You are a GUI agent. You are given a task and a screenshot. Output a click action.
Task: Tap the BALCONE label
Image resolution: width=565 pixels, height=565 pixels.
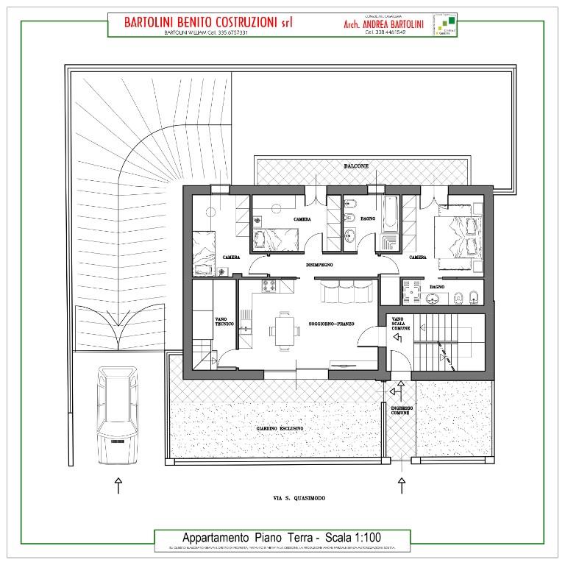pos(356,167)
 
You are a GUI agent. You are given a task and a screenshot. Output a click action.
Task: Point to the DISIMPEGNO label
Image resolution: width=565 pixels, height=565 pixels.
pos(320,264)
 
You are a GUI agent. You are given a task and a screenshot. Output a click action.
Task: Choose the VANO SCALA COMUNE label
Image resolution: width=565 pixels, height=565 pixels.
pos(401,324)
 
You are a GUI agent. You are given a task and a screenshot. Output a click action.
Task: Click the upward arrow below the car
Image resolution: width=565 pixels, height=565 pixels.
pos(118,485)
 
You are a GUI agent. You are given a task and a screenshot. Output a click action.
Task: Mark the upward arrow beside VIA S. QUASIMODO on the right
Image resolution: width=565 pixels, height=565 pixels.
pos(402,485)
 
